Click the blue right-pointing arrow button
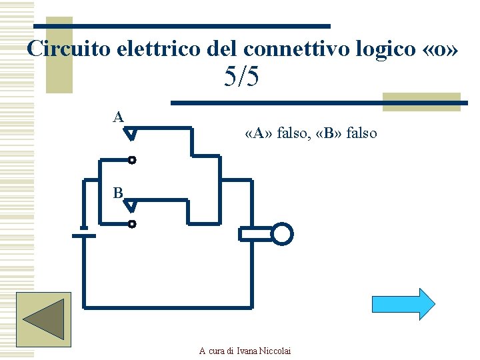(403, 304)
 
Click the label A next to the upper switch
(118, 117)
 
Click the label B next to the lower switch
(118, 193)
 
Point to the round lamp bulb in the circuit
(282, 234)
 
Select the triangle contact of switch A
(131, 135)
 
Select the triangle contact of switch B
(131, 207)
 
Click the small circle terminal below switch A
(132, 160)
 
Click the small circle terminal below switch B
(132, 224)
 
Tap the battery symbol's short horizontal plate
(83, 235)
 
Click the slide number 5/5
(241, 78)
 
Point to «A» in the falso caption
(259, 133)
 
